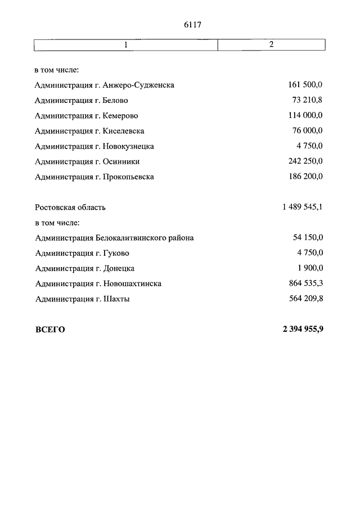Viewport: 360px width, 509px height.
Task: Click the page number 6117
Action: click(192, 25)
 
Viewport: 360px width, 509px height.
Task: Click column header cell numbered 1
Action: click(125, 44)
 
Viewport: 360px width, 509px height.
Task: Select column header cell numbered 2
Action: click(271, 44)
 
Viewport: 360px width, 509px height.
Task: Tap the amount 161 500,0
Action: click(305, 85)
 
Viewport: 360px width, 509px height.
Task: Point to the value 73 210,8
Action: click(308, 100)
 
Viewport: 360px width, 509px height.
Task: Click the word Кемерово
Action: click(120, 116)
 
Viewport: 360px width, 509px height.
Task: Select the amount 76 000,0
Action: click(308, 131)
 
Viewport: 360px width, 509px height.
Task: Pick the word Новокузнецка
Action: click(128, 146)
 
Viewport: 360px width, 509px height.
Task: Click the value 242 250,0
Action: click(305, 161)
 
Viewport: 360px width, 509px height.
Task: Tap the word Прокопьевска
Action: click(128, 177)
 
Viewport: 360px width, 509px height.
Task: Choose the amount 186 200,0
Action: click(305, 177)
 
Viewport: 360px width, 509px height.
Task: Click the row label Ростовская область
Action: click(70, 207)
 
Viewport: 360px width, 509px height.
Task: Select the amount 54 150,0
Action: click(308, 238)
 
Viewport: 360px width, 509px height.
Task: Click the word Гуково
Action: click(116, 253)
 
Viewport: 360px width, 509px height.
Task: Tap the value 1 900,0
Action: click(310, 268)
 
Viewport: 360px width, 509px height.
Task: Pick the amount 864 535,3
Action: click(305, 283)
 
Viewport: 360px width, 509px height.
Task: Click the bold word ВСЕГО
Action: click(50, 330)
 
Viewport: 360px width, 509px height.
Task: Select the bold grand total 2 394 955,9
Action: click(303, 330)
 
